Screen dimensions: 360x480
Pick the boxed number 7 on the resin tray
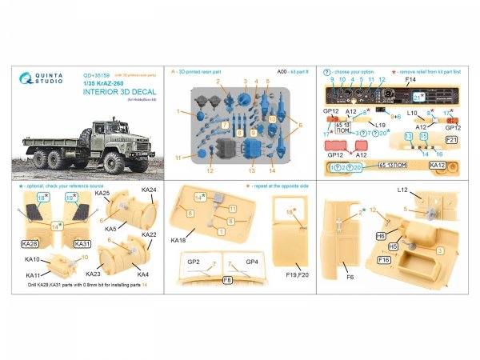[226, 126]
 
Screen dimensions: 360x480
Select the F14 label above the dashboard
[410, 81]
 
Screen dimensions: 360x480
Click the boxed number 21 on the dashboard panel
[418, 97]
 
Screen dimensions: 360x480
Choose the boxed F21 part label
[450, 140]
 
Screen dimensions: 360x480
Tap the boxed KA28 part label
[30, 243]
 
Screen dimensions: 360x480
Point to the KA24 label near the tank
[148, 191]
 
